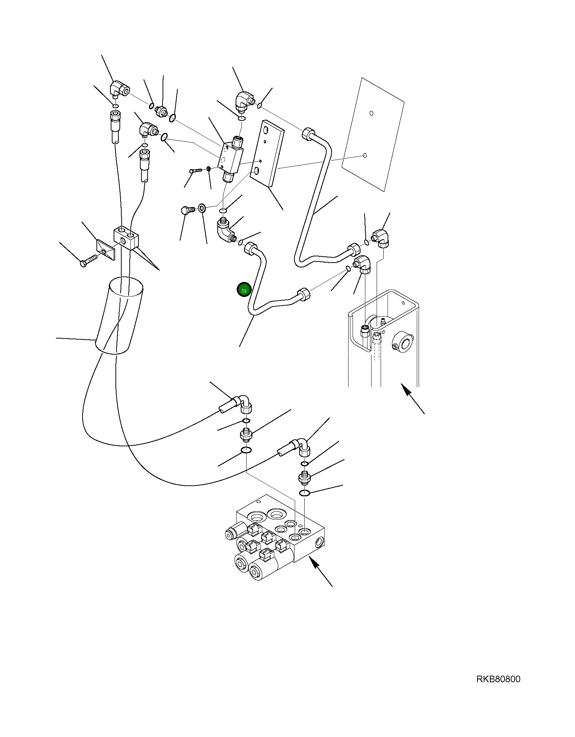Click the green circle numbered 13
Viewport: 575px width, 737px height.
(244, 290)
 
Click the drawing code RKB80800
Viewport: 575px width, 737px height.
(498, 679)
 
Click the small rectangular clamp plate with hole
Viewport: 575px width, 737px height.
(106, 250)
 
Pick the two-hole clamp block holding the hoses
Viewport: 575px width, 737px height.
(126, 238)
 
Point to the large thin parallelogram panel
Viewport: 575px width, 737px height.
(373, 134)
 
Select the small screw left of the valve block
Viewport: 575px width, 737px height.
(195, 170)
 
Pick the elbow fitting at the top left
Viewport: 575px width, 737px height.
(119, 89)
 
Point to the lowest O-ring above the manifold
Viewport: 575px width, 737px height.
(304, 493)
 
